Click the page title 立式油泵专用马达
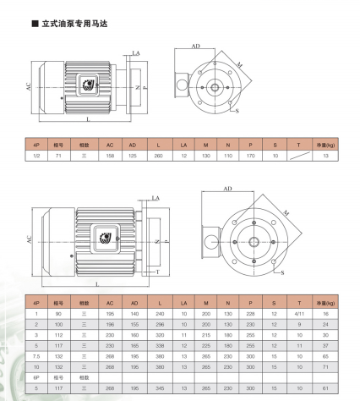(x=74, y=24)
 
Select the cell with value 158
(x=110, y=156)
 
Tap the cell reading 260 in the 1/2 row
(x=158, y=156)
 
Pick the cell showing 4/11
(x=299, y=314)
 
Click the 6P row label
(x=36, y=377)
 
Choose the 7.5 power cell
(x=36, y=356)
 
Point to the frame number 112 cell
(x=58, y=335)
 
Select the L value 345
(x=160, y=388)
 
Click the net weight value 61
(x=325, y=388)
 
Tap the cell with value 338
(x=160, y=346)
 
